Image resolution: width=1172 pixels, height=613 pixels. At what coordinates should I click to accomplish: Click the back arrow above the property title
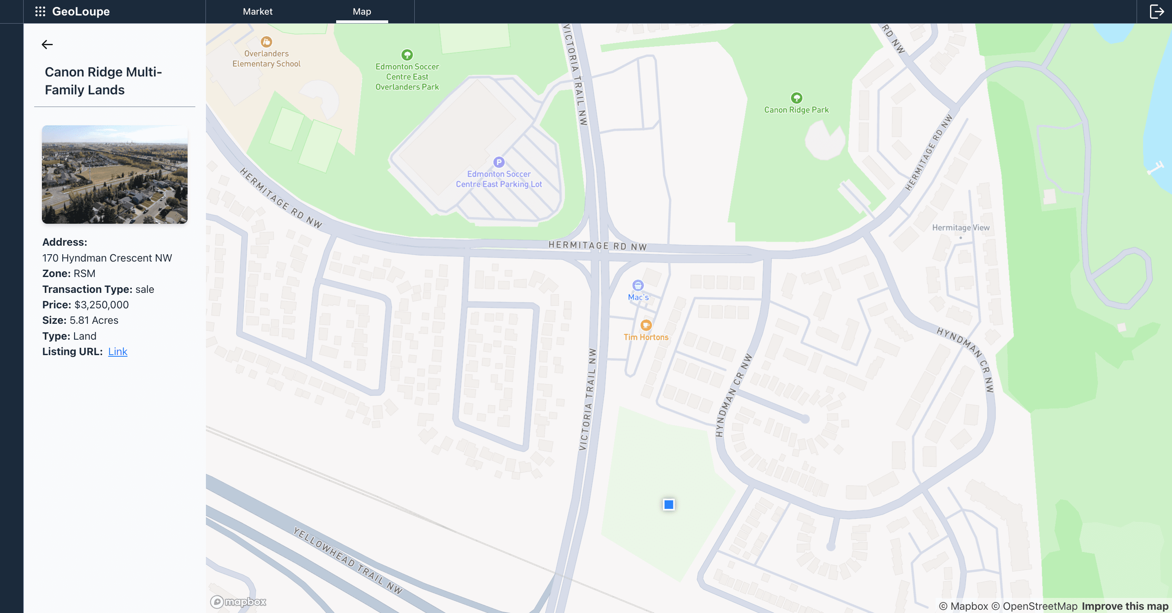[x=47, y=45]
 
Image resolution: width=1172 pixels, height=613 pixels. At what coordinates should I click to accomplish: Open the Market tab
[x=258, y=11]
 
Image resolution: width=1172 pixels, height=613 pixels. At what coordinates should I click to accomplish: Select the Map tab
[x=362, y=11]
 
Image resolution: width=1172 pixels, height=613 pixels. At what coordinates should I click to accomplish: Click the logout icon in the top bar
[x=1156, y=11]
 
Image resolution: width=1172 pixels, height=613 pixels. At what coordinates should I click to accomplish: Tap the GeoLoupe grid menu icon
[x=40, y=11]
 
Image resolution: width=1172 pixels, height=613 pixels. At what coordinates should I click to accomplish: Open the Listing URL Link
[x=117, y=351]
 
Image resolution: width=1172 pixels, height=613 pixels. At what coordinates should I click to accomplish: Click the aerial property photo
[x=115, y=175]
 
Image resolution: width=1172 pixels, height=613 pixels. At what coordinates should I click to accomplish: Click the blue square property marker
[x=668, y=504]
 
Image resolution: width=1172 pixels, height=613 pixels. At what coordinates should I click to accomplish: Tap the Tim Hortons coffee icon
[x=645, y=325]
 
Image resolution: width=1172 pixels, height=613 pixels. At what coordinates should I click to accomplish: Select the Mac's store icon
[x=638, y=285]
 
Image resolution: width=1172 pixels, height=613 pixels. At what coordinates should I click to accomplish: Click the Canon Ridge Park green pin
[x=796, y=98]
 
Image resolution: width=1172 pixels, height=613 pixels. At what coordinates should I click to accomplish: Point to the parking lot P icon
[x=499, y=162]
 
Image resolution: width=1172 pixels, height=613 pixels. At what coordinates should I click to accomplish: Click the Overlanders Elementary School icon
[x=266, y=42]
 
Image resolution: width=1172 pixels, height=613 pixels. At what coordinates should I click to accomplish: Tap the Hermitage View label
[x=960, y=227]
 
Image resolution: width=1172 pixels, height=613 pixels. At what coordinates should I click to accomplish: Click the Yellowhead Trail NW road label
[x=348, y=561]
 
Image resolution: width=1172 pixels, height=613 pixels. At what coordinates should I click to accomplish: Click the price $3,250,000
[x=101, y=305]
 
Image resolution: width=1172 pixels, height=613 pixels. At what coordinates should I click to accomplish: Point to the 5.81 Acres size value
[x=94, y=320]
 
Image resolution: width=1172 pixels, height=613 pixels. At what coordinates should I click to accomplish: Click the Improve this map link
[x=1125, y=606]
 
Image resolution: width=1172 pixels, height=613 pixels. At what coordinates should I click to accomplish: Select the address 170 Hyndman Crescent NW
[x=107, y=258]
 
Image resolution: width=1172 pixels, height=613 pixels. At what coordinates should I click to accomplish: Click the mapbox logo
[x=238, y=602]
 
